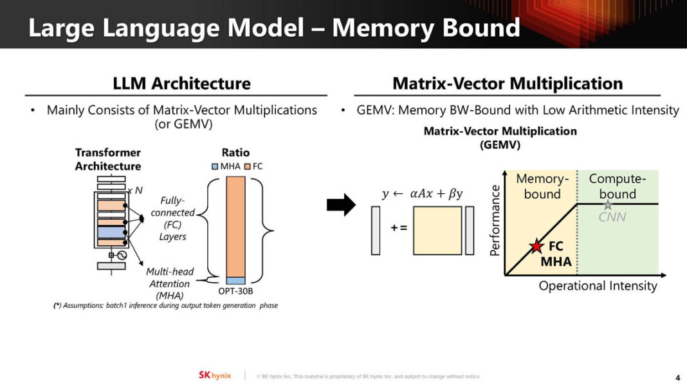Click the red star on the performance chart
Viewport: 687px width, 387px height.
(x=536, y=246)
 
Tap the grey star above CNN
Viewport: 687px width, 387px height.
(x=607, y=204)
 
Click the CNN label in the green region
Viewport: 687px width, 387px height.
(x=612, y=217)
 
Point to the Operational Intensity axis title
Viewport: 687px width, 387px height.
(x=598, y=286)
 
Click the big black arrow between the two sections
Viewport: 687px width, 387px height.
(x=341, y=205)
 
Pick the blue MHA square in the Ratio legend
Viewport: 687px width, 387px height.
(x=215, y=166)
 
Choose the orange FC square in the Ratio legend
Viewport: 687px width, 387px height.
(x=248, y=166)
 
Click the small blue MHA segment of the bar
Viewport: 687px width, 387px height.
(x=236, y=281)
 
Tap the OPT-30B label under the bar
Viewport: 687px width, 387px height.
(x=235, y=292)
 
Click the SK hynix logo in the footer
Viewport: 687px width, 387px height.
(x=214, y=375)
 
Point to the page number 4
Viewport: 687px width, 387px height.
(x=678, y=377)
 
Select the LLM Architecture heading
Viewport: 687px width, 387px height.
(x=181, y=83)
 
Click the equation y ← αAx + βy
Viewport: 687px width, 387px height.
(x=422, y=194)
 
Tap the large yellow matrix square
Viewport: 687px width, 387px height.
(x=437, y=230)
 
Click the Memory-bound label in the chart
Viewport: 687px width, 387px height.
(x=542, y=186)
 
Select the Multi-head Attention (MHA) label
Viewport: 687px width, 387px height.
(x=170, y=283)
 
